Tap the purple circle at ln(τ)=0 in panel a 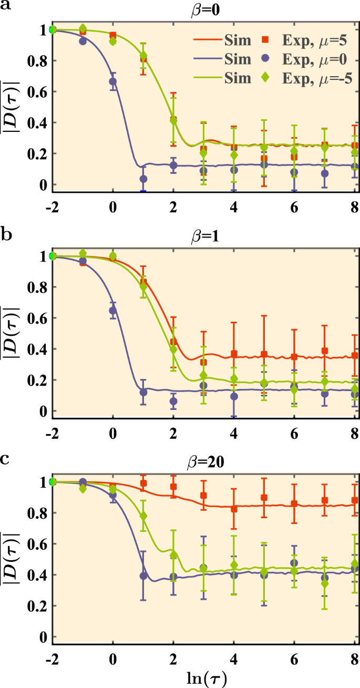(112, 81)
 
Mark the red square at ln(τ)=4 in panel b (234, 354)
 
